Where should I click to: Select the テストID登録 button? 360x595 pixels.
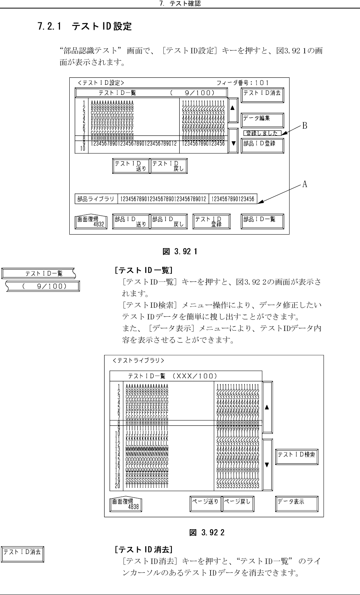(211, 221)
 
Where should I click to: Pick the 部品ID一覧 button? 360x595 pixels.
(262, 221)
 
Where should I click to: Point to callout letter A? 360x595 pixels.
(305, 185)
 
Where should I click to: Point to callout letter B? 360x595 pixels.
(305, 126)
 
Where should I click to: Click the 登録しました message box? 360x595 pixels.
(262, 133)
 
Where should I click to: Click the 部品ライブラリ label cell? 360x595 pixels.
(96, 199)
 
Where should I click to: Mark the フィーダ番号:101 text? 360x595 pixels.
(243, 82)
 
